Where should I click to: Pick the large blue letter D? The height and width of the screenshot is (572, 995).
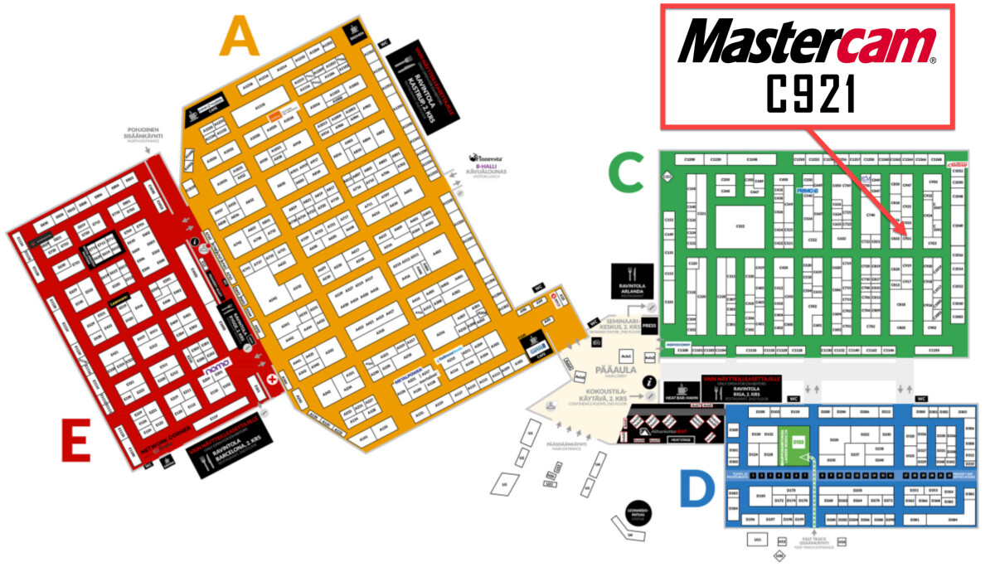pyautogui.click(x=696, y=489)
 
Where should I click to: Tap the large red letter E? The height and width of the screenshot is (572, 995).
pyautogui.click(x=75, y=440)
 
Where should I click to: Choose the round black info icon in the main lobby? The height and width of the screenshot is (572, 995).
pyautogui.click(x=649, y=382)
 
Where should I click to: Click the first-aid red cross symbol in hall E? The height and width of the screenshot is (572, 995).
pyautogui.click(x=274, y=379)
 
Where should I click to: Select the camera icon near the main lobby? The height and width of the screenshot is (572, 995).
pyautogui.click(x=596, y=342)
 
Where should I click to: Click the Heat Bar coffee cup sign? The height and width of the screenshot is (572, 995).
pyautogui.click(x=682, y=391)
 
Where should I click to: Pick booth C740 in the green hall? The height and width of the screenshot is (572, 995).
pyautogui.click(x=870, y=215)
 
